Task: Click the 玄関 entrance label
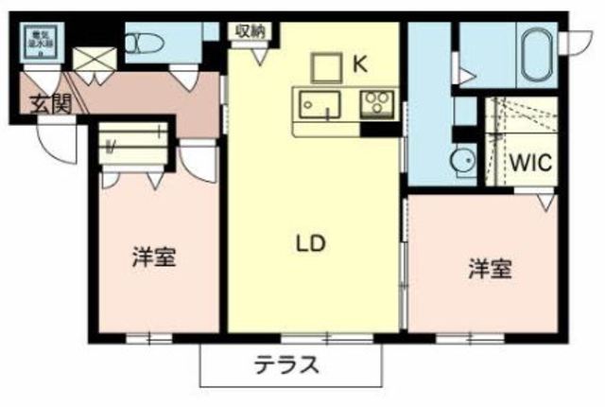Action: click(48, 102)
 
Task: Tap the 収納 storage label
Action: click(250, 31)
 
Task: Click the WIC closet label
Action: click(530, 162)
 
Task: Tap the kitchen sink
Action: click(316, 104)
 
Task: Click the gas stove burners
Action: click(376, 102)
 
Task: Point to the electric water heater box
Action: click(39, 44)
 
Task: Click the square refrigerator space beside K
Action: click(327, 67)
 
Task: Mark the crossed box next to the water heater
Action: click(93, 57)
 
